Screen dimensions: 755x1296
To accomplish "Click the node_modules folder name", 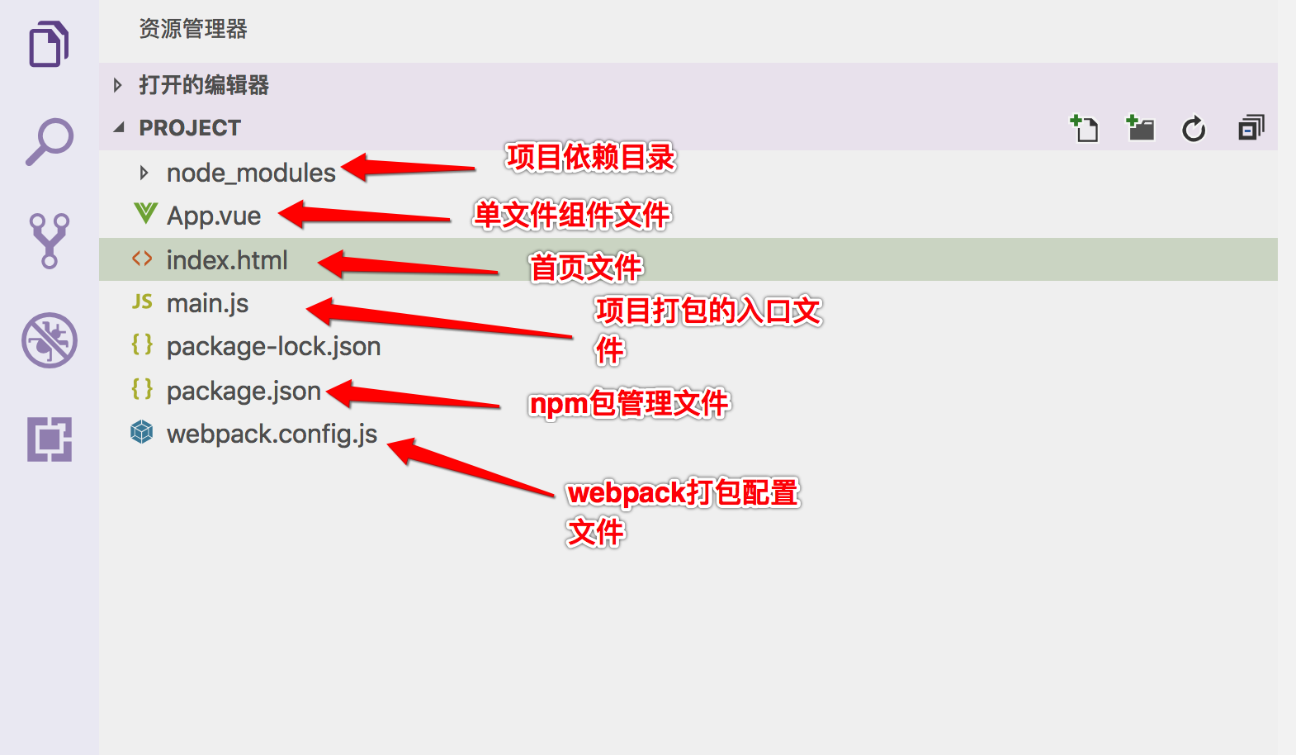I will (251, 173).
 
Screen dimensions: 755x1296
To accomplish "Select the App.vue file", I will (214, 216).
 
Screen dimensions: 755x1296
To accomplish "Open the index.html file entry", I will (227, 260).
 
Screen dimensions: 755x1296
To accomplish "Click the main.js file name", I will (207, 304).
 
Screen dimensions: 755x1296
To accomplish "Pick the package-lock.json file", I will (273, 347).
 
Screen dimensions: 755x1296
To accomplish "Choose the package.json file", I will (244, 391).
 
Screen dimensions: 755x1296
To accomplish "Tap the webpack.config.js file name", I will (272, 434).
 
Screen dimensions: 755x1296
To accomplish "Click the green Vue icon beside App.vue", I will (145, 214).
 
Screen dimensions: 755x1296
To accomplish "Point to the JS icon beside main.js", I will (142, 302).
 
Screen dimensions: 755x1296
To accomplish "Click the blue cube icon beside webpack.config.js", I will (142, 432).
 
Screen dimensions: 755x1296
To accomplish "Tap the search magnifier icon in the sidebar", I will (50, 141).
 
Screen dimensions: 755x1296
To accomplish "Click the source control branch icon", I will (50, 240).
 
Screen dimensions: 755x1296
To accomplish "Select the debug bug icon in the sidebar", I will (50, 340).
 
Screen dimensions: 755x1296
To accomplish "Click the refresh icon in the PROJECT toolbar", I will (1194, 129).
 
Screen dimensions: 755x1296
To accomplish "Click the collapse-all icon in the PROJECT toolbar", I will (1251, 128).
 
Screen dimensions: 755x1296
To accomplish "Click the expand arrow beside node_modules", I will (144, 173).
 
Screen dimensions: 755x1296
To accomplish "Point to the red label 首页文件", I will (585, 268).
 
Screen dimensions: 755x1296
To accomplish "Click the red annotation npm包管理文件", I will (629, 404).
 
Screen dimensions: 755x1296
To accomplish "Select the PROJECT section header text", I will (190, 128).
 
